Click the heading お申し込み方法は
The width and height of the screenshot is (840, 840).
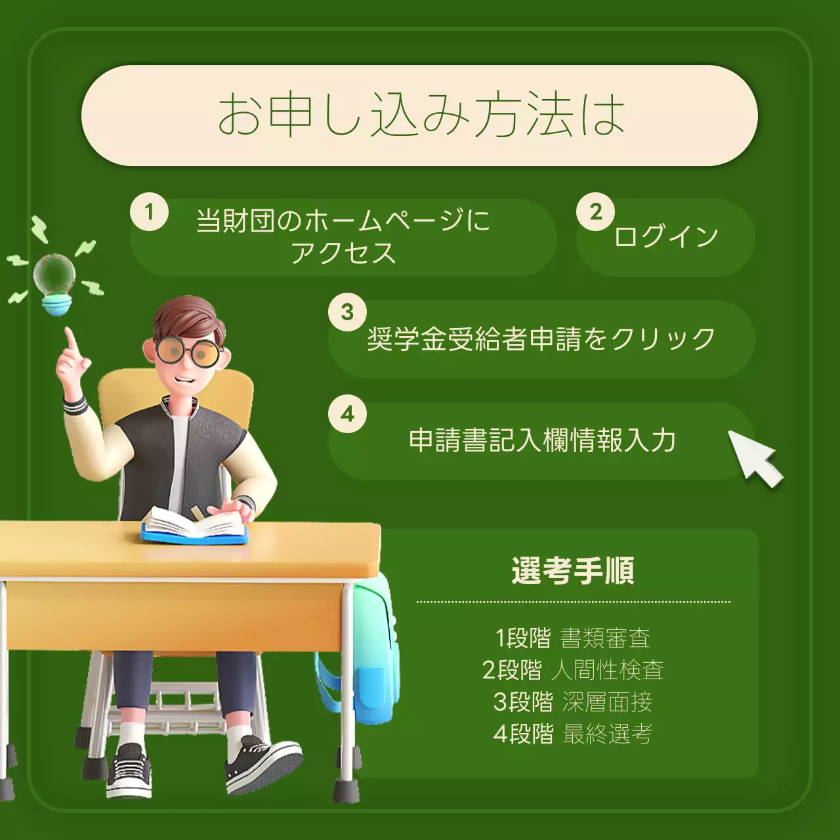420,115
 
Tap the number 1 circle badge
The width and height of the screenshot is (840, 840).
149,212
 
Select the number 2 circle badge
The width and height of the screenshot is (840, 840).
595,212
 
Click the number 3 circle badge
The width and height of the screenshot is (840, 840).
347,312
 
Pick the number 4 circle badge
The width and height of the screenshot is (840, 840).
347,414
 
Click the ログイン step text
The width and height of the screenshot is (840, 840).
665,236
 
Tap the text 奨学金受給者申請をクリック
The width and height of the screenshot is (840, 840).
541,339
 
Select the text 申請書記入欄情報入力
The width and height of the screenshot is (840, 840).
542,440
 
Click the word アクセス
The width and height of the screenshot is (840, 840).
343,253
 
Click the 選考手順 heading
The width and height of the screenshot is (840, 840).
573,570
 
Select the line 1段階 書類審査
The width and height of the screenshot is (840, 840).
572,638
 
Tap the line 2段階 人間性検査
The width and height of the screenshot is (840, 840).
572,670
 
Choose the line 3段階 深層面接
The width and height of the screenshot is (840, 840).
572,702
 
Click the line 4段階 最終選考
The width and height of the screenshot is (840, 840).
572,734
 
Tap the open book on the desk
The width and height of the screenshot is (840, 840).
195,526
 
